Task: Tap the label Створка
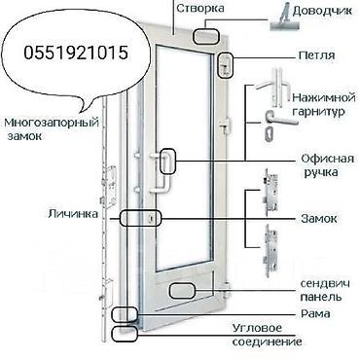tap(201, 9)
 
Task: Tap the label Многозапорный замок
tap(38, 130)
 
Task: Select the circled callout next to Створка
tap(207, 35)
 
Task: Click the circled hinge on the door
tap(225, 66)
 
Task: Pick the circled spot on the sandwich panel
tap(184, 288)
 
